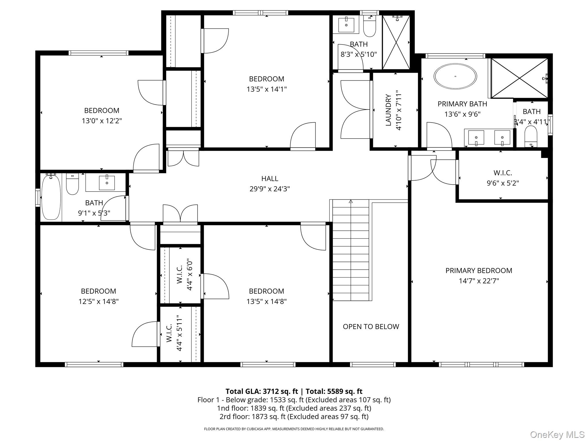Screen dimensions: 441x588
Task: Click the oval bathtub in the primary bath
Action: (455, 76)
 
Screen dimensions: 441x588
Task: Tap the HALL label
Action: (270, 179)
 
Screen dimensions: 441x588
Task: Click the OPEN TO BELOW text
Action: (371, 326)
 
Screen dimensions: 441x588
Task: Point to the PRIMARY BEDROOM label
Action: (479, 270)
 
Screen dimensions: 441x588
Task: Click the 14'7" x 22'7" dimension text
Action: (479, 281)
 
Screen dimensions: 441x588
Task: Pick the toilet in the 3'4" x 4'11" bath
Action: (531, 136)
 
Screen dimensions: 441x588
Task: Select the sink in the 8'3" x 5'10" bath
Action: (346, 24)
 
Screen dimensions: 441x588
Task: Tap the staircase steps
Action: (351, 250)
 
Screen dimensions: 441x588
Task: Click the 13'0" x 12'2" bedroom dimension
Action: (102, 121)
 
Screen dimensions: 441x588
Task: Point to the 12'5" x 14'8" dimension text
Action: (98, 301)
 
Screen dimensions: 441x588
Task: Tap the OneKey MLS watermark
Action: (557, 434)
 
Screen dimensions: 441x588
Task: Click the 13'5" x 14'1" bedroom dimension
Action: (266, 89)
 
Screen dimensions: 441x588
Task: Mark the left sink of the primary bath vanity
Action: (476, 138)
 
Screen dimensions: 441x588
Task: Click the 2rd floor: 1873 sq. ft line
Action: (294, 416)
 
